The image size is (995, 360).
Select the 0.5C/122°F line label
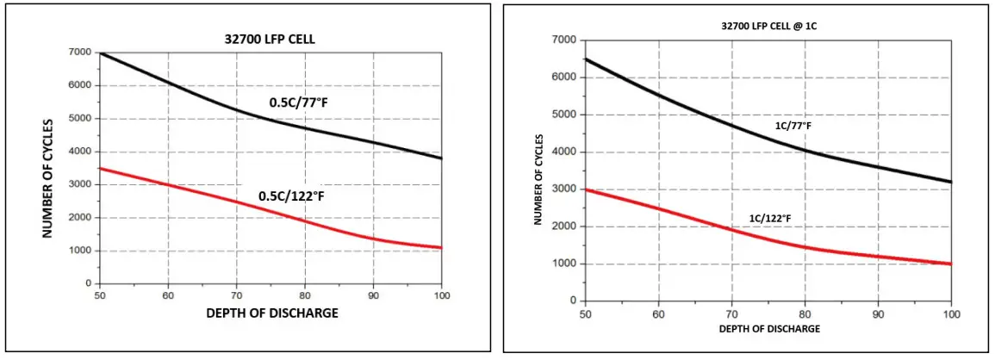point(297,196)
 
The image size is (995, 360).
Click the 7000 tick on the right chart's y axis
point(566,40)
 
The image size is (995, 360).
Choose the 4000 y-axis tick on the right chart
point(566,152)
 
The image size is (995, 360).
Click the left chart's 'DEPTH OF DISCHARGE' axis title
point(272,313)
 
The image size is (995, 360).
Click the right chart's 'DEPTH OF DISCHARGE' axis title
point(768,329)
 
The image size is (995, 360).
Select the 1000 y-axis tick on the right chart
point(566,264)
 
